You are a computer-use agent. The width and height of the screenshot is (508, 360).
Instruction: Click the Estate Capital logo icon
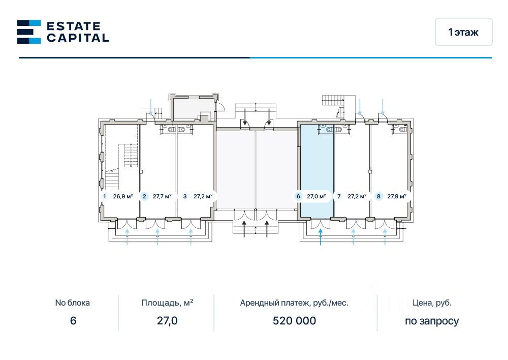point(29,32)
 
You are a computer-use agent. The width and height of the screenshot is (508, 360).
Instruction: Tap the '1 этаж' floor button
point(463,32)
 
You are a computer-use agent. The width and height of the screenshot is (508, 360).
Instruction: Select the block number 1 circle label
point(105,196)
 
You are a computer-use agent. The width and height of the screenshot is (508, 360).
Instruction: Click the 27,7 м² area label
point(162,196)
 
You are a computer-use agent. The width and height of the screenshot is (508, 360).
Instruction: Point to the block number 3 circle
point(185,196)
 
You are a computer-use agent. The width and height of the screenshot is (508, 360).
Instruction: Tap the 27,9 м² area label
point(397,196)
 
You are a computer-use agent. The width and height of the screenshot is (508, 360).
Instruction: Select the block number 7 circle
point(339,196)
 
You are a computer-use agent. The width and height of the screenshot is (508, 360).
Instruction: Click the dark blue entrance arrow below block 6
point(321,237)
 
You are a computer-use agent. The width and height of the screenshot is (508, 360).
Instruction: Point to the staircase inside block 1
point(128,155)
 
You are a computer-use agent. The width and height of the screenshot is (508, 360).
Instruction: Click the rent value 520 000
point(294,321)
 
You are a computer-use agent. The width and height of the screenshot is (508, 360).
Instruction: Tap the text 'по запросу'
point(432,321)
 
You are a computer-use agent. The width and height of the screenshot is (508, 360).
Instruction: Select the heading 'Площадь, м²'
point(167,303)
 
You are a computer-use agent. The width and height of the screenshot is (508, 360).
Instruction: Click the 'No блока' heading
point(73,303)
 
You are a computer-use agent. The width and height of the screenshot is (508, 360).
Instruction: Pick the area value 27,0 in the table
point(167,321)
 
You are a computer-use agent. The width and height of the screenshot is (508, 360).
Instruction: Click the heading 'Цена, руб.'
point(432,303)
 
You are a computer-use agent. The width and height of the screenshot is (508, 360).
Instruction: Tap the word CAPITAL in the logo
point(78,38)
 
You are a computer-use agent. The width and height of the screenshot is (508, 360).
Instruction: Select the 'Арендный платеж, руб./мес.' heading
point(294,303)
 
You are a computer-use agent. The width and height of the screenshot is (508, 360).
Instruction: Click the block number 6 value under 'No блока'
point(73,321)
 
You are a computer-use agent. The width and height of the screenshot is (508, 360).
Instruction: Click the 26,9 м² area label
point(123,196)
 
